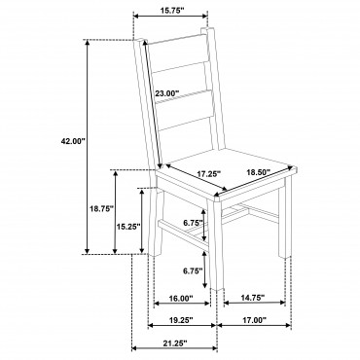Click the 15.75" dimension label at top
click(171, 10)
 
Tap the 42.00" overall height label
click(73, 141)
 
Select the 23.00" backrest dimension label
click(166, 93)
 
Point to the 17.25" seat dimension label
click(209, 174)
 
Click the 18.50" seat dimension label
click(259, 172)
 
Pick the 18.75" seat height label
click(101, 208)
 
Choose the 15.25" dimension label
click(128, 226)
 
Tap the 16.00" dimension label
click(181, 298)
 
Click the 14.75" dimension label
click(253, 297)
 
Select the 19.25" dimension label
click(181, 320)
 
